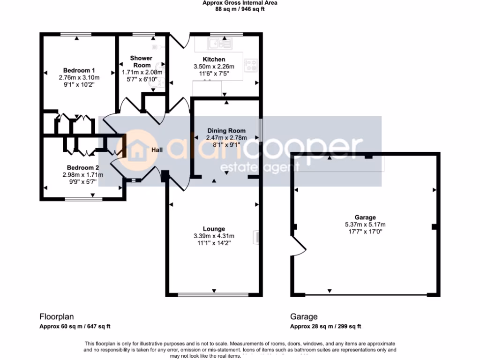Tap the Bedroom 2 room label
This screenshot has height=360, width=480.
coord(82,167)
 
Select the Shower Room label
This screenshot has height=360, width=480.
coord(141,61)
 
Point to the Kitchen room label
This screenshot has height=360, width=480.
coord(214,60)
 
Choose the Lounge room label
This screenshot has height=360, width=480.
coord(214,229)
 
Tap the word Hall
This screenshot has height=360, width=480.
coord(157,150)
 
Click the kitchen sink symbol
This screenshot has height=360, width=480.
coord(217,45)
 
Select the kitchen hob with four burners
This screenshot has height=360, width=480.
coord(251,65)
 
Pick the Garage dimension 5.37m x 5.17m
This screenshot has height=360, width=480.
coord(365,224)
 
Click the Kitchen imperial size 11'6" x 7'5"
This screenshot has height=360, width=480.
coord(214,74)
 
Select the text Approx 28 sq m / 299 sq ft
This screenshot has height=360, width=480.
coord(325,327)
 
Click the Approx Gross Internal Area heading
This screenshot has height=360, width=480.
coord(240,3)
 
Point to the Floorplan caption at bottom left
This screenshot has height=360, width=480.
coord(56,317)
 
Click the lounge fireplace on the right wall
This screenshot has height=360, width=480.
coord(256,237)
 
